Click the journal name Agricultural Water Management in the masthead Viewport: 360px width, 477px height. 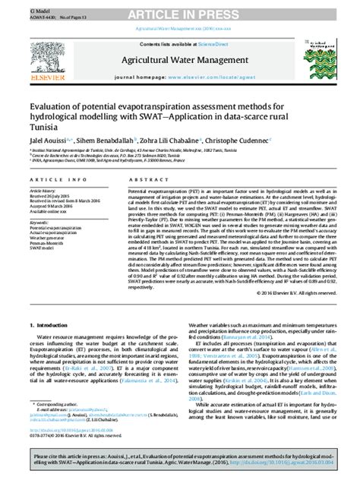click(179, 57)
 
